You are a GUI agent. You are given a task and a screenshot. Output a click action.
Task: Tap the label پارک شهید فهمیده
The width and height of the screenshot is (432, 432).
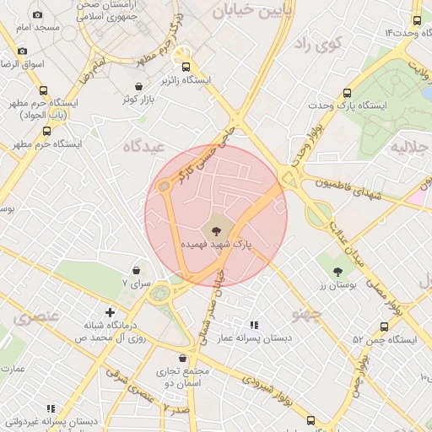pos(217,243)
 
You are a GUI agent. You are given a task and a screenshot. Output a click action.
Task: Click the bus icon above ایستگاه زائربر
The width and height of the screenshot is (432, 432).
pos(186,67)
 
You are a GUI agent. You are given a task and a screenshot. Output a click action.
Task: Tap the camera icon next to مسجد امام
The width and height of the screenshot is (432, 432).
pos(37,15)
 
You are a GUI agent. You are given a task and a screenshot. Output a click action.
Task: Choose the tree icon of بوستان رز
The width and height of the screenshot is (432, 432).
pos(337,272)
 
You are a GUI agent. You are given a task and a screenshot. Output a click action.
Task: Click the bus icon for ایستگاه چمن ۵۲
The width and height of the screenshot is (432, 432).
pos(385,327)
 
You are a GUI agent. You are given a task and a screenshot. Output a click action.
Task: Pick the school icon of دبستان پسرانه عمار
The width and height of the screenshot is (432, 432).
pos(253,324)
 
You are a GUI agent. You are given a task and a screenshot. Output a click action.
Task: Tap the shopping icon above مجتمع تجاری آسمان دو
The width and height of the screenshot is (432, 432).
pos(183,358)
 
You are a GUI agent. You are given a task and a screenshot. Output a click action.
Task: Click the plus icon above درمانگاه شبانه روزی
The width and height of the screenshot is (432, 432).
pos(110,311)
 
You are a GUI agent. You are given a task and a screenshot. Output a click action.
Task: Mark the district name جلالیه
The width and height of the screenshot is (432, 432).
pos(411,148)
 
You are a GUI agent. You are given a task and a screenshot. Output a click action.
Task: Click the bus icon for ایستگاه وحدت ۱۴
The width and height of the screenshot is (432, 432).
pos(417,22)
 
